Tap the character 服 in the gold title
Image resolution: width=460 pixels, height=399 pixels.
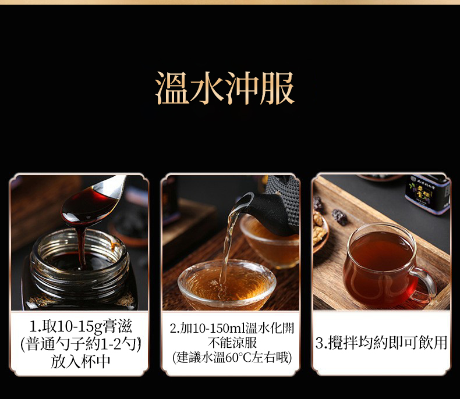[277, 88]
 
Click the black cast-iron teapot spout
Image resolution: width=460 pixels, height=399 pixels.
[243, 202]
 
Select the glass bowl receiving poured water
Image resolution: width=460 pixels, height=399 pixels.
[227, 284]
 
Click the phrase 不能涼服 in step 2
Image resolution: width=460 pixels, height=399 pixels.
[232, 343]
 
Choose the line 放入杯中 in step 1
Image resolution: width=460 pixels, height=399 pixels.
[80, 361]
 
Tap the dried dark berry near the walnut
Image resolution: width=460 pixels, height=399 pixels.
[339, 217]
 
